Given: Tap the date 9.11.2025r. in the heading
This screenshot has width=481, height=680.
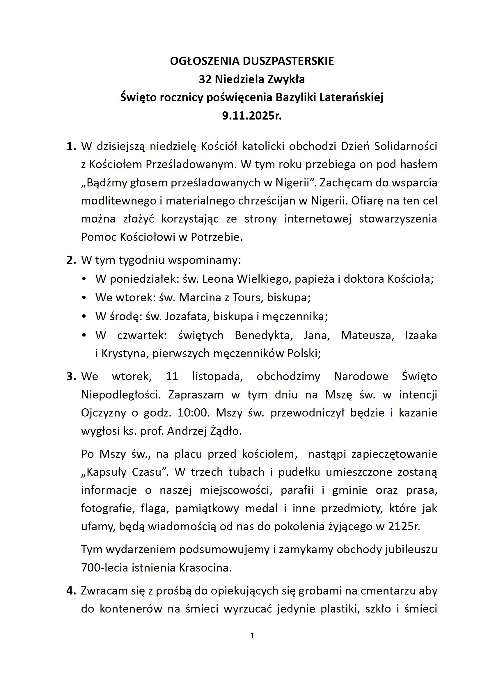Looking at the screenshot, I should pos(252,115).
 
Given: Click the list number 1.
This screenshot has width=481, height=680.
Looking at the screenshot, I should pos(71,146).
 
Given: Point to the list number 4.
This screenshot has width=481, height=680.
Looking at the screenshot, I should pos(71,590).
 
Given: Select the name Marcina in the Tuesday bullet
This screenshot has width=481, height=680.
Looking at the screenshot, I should pos(200,297).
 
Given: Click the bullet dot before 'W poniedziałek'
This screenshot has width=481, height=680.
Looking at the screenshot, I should pos(84,279).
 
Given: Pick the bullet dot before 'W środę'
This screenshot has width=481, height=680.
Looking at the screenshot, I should pos(84,317).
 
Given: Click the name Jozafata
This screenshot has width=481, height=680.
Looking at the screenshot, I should pos(187,317).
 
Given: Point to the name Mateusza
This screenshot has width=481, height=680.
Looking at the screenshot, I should pos(368,335).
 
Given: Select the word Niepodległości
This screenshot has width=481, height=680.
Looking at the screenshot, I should pos(121,395).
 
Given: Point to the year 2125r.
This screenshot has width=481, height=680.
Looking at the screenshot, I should pos(404,526).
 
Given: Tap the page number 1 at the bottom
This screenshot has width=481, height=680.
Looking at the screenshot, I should pos(252,636).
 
